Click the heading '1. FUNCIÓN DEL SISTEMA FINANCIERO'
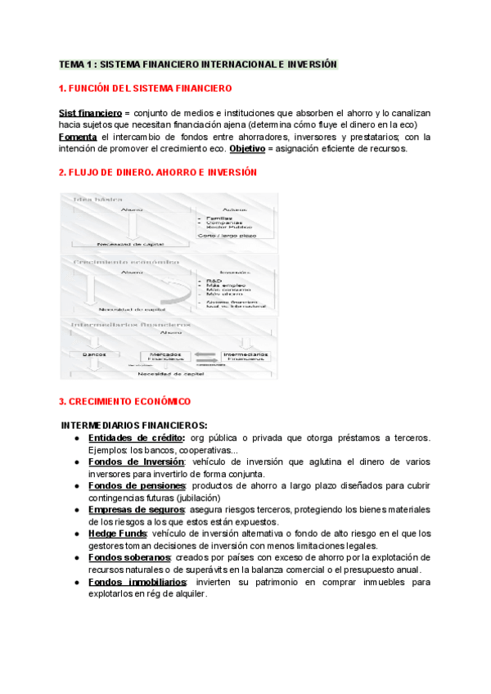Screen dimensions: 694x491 pos(145,88)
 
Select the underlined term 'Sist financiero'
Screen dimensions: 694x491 pos(89,112)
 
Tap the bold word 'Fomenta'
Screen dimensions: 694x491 pos(79,137)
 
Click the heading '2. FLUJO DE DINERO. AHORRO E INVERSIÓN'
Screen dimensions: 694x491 pos(157,173)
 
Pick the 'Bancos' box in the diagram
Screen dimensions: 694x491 pos(96,354)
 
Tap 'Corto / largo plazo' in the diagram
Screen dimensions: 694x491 pos(227,235)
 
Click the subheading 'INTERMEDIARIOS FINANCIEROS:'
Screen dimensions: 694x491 pos(134,425)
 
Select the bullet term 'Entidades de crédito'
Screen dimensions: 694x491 pos(136,437)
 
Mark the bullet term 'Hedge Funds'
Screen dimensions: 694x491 pos(117,534)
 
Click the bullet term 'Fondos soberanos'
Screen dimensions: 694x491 pos(129,557)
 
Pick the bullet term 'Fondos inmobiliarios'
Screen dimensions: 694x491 pos(137,582)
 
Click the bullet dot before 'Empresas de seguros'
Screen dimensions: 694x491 pos(77,510)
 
